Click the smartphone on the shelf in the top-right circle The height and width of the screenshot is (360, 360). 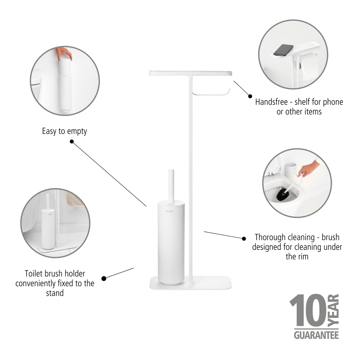283,50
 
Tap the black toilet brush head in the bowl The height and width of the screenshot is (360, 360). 283,195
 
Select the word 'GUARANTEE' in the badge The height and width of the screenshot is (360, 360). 316,335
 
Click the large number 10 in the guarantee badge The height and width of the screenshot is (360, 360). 309,311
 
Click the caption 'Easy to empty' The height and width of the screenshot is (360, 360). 64,131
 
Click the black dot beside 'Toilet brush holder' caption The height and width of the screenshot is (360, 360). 104,278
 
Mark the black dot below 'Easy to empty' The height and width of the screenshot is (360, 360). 72,142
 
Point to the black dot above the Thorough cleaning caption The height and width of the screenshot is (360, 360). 244,238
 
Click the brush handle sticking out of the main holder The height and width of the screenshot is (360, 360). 171,185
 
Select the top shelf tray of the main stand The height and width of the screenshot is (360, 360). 190,73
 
